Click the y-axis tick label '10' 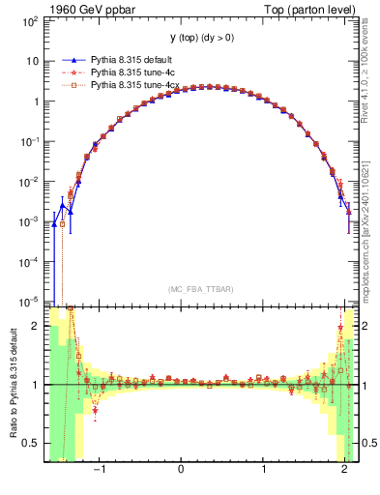[x=32, y=61]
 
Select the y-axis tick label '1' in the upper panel [x=35, y=102]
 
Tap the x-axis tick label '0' [x=181, y=469]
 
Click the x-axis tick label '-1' [x=98, y=469]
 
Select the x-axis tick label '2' [x=345, y=469]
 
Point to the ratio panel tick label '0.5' [x=30, y=443]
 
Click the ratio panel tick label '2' [x=35, y=326]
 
